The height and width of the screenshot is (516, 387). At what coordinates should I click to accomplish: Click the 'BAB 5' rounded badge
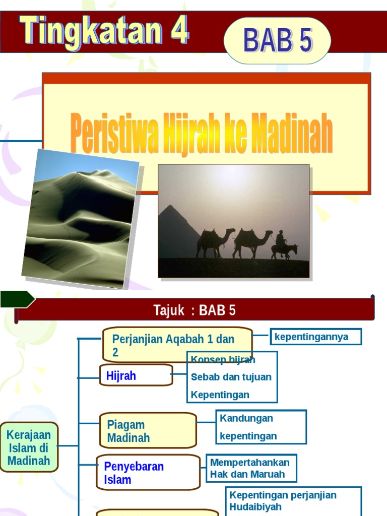[277, 40]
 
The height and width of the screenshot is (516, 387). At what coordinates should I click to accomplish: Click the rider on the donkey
[281, 240]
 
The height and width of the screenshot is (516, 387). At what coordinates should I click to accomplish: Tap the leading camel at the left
[216, 242]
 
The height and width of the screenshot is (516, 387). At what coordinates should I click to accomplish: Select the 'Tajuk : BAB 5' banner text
[195, 310]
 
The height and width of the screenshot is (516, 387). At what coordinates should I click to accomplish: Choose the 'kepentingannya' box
[315, 337]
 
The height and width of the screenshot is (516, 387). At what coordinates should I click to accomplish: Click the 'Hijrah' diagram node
[136, 375]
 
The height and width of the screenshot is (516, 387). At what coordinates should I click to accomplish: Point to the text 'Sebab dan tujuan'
[231, 377]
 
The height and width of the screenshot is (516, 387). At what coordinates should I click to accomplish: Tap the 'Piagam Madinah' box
[148, 430]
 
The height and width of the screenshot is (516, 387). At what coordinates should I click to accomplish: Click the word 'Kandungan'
[246, 418]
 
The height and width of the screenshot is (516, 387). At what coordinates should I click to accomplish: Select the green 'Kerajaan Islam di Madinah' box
[29, 447]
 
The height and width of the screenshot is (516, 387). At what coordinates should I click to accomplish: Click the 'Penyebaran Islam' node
[148, 472]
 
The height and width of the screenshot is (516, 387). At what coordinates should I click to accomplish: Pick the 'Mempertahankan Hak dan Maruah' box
[251, 468]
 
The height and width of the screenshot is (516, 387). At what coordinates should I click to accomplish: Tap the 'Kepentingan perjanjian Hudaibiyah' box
[293, 501]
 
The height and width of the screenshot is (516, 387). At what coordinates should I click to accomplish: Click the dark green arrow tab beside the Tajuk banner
[17, 299]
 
